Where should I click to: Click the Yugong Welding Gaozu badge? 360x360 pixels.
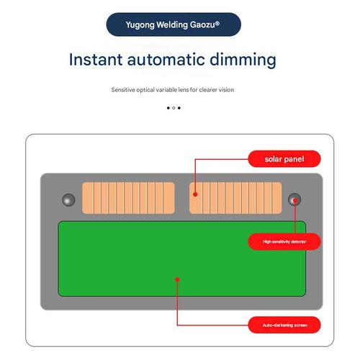[174, 24]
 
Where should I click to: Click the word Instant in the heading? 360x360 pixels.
[96, 60]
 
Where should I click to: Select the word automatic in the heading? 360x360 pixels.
[166, 60]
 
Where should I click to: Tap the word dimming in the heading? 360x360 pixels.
[243, 60]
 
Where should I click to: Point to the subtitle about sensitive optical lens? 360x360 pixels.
[173, 90]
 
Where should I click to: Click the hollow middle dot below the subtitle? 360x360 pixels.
[174, 108]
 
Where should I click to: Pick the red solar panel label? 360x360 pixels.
[284, 159]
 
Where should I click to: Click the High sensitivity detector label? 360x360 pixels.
[284, 242]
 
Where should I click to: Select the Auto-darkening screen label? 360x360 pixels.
[284, 325]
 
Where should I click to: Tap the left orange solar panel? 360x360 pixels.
[128, 198]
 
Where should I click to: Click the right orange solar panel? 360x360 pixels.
[235, 198]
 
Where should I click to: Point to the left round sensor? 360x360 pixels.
[68, 199]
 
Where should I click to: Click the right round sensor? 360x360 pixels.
[294, 199]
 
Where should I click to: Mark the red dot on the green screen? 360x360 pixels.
[177, 279]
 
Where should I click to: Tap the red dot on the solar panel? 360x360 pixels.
[195, 194]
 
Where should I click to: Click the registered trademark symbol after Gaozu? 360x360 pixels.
[217, 23]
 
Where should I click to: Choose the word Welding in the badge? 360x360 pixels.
[172, 24]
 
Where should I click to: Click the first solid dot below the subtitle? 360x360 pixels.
[168, 108]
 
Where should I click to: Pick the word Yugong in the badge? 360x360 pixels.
[140, 25]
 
